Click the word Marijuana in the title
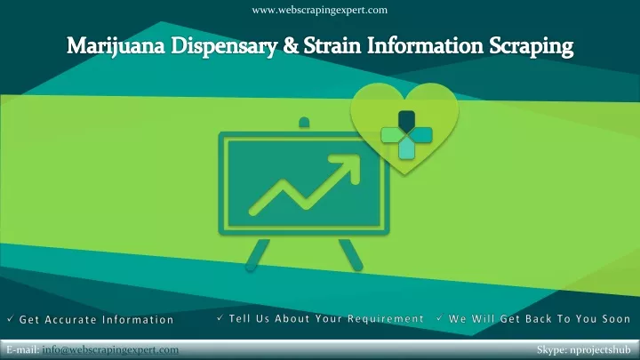(116, 46)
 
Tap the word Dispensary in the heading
(224, 46)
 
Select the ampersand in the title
(290, 45)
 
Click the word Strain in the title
(332, 45)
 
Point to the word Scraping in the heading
(532, 46)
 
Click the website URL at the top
(320, 10)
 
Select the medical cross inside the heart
(406, 135)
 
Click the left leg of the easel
(257, 255)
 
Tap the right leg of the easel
(350, 255)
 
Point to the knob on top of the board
(304, 122)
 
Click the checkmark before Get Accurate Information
(11, 318)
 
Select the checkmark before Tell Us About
(220, 317)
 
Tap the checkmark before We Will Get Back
(440, 317)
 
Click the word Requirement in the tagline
(385, 319)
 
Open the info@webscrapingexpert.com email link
(110, 350)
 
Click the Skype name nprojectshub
(600, 350)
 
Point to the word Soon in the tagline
(616, 319)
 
